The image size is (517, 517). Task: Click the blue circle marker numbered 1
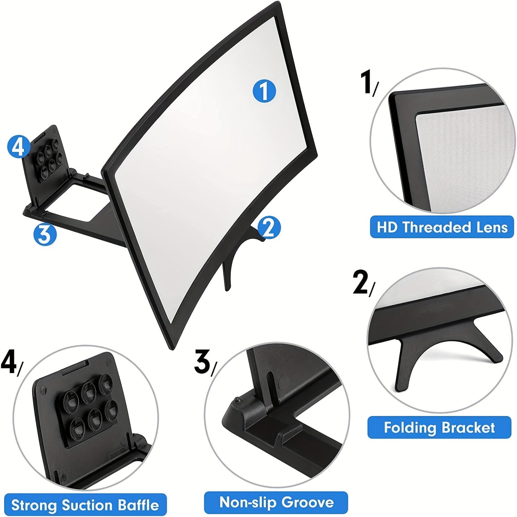coord(264,91)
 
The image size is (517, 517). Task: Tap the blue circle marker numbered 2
coord(269,228)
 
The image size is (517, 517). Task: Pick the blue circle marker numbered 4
coord(18,147)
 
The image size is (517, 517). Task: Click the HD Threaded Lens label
coord(442,227)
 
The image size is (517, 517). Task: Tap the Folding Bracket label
coord(439,427)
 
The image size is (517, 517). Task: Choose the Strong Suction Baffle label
coord(85,505)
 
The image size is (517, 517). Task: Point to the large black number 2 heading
coord(360,282)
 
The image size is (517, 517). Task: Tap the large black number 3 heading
coord(202,362)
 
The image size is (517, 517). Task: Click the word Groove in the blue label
coord(308,502)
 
